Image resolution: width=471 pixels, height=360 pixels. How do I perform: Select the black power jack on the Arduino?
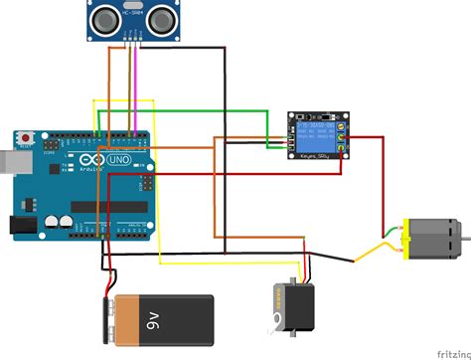point(20,226)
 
